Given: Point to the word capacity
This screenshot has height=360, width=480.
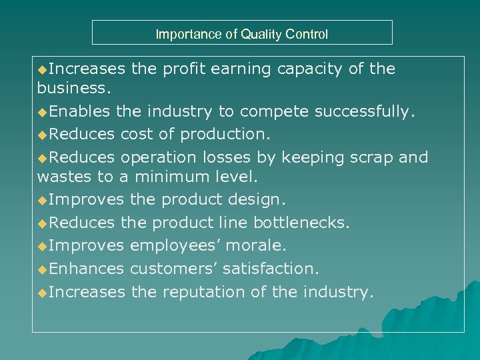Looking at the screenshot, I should (x=308, y=69).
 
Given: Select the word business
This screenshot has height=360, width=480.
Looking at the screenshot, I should (x=73, y=87).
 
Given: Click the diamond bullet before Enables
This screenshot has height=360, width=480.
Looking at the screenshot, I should (x=43, y=111).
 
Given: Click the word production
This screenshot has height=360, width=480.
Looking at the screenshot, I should (x=227, y=134).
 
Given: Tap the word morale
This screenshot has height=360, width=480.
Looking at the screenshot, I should (x=256, y=245).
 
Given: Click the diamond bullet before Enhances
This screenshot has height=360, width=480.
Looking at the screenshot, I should (x=43, y=269).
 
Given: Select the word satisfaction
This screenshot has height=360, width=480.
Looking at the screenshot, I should (x=271, y=269).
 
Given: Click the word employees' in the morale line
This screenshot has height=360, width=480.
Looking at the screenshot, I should (x=175, y=245).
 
